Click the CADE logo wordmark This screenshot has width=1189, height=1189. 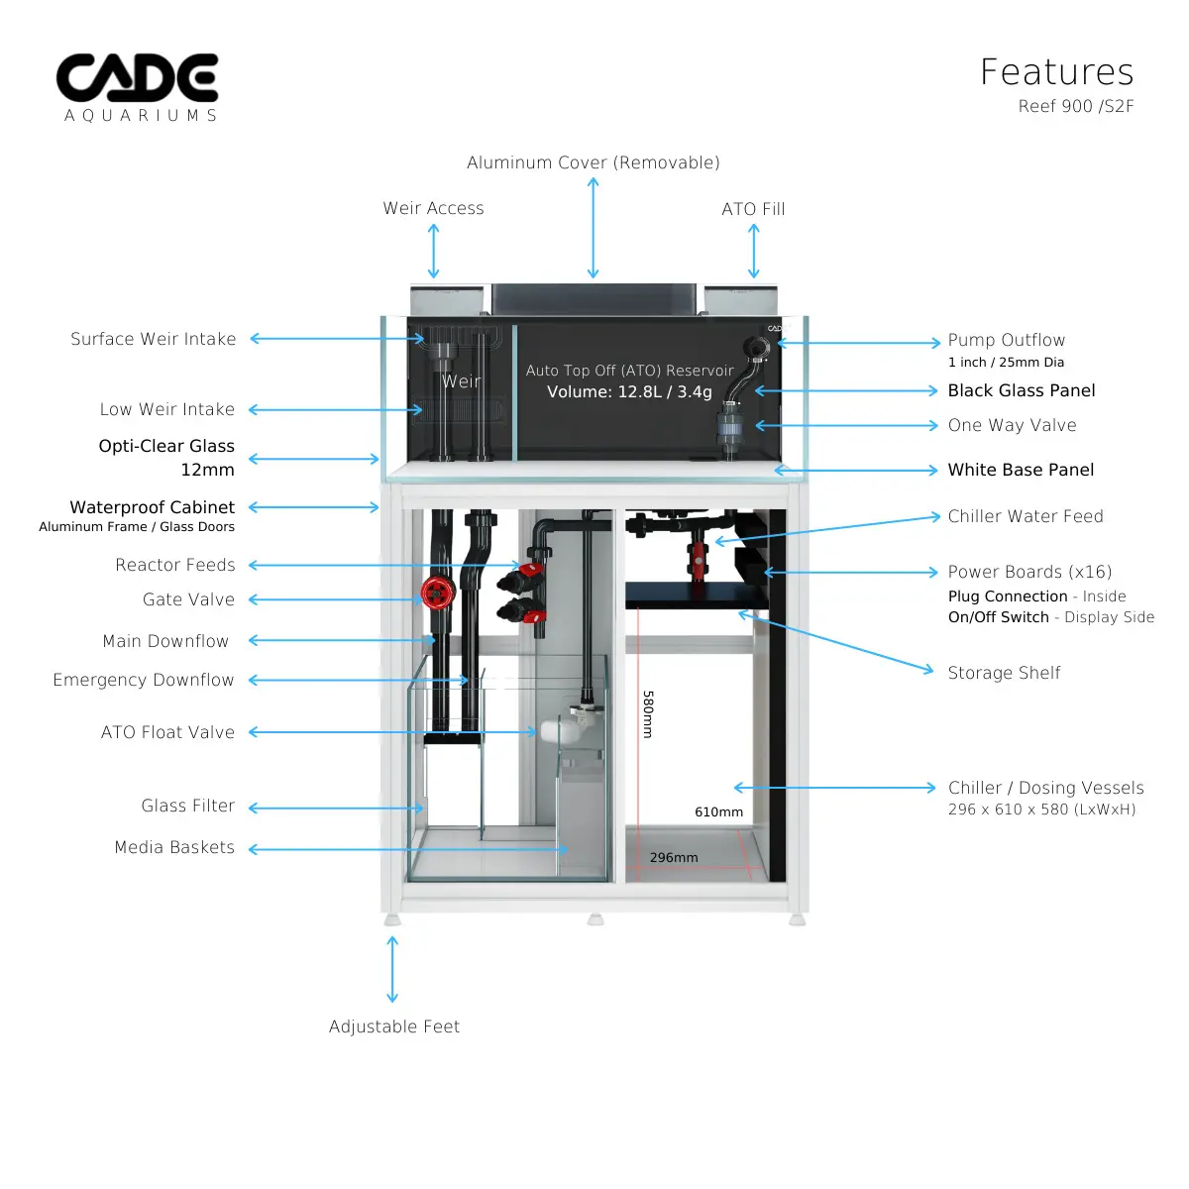[x=137, y=78]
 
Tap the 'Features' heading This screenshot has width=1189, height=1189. [x=1056, y=72]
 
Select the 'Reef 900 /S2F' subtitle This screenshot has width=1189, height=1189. [x=1075, y=106]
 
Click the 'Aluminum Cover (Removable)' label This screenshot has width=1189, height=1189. [x=593, y=162]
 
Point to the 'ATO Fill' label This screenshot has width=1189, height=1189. [x=753, y=209]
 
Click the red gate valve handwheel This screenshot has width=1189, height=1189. [x=436, y=593]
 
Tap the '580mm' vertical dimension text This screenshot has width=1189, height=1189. [x=648, y=714]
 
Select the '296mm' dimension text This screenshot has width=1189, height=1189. [x=674, y=857]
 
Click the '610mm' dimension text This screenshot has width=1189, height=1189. [x=718, y=811]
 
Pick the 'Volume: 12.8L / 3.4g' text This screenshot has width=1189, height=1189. [x=629, y=391]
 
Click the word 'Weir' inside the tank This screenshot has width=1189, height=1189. [x=461, y=381]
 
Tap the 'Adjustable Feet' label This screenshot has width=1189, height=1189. [x=394, y=1027]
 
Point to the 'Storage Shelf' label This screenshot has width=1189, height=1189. [x=1004, y=673]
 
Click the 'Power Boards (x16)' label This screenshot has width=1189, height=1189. [x=1029, y=572]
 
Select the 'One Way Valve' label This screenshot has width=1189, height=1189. [x=1012, y=425]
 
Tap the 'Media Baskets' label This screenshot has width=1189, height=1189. [x=174, y=847]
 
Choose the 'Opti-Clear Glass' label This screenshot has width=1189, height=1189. [x=166, y=446]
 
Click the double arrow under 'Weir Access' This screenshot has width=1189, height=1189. [x=433, y=251]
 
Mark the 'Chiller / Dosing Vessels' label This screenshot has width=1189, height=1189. [x=1045, y=788]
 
